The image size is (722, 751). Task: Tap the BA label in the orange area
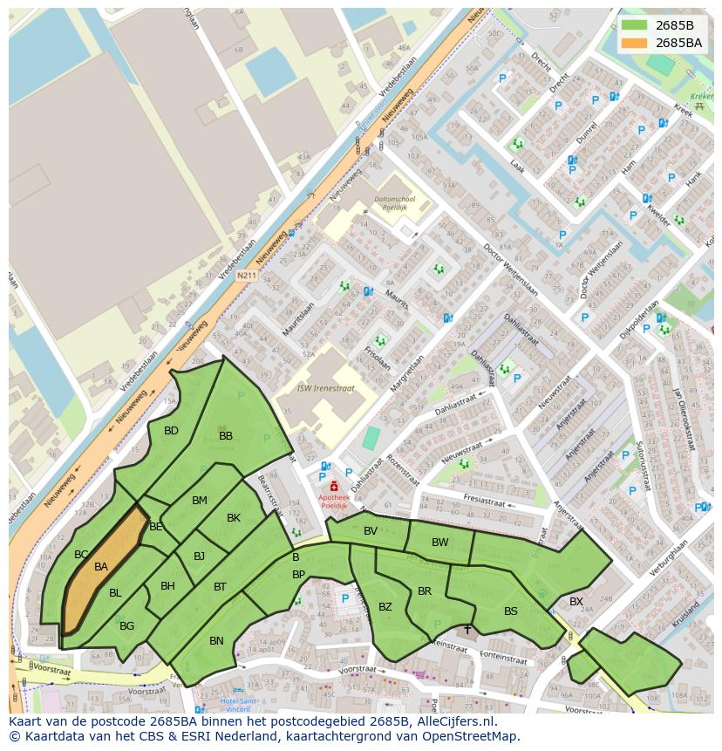click(101, 567)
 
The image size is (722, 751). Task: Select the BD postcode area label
click(171, 431)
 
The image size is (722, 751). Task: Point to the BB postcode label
click(226, 436)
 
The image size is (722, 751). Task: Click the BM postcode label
click(200, 501)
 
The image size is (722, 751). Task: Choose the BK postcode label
click(234, 518)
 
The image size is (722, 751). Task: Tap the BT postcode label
click(220, 587)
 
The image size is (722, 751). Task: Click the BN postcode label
click(216, 641)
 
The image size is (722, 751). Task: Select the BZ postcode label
click(385, 607)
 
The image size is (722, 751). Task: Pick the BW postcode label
click(440, 543)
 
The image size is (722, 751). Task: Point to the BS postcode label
click(511, 611)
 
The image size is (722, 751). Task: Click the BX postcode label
click(576, 602)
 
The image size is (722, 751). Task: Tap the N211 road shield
click(247, 276)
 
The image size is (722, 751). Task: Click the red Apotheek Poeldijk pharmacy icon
click(334, 485)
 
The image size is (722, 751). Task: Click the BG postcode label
click(127, 626)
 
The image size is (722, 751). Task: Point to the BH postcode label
click(167, 586)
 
